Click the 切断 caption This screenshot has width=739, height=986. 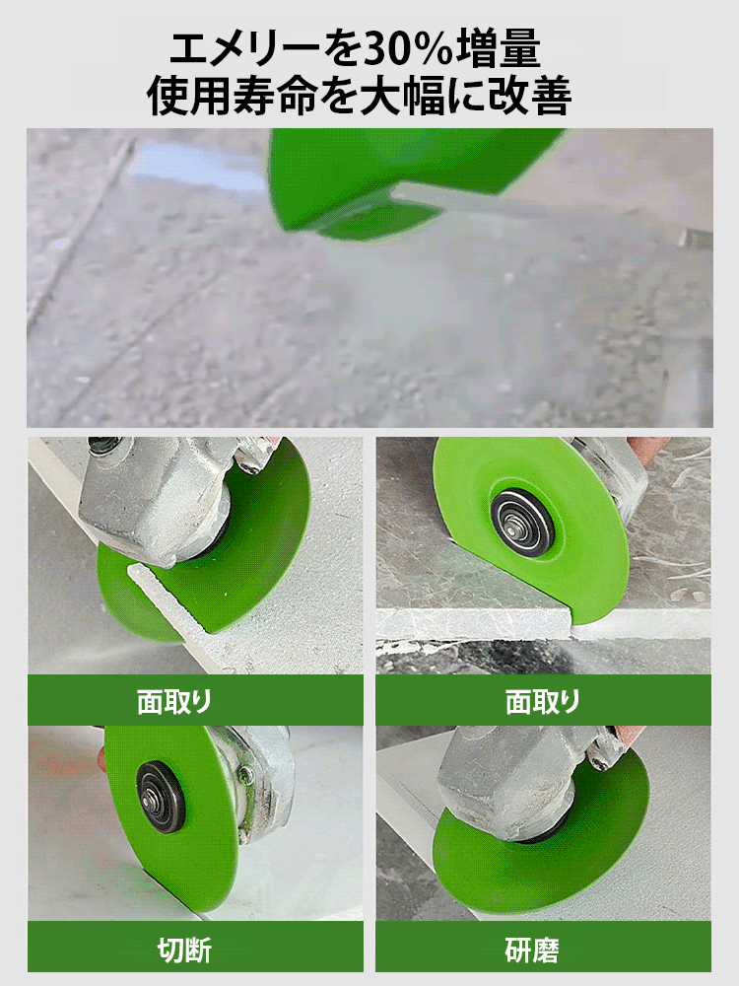[184, 951]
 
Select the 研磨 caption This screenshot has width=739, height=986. [532, 951]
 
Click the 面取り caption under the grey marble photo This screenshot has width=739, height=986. [543, 701]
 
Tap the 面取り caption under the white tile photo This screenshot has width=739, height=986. [174, 701]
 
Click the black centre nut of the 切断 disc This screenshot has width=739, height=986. [161, 796]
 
